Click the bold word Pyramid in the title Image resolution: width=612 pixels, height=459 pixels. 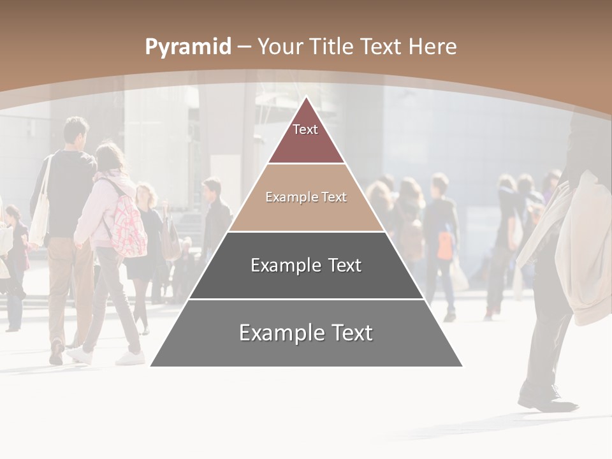[x=188, y=47]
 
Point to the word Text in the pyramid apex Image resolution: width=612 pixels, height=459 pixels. [x=305, y=130]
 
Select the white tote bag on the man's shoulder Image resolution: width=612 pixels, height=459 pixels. [x=40, y=214]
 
